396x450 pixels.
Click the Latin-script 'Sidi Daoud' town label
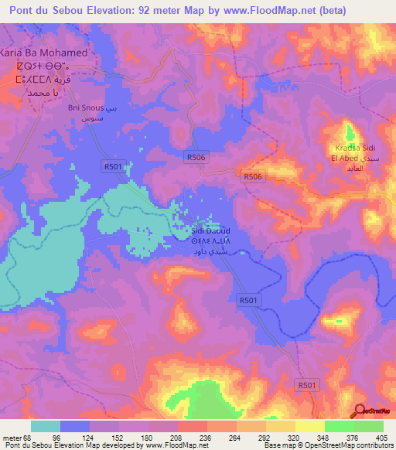point(210,231)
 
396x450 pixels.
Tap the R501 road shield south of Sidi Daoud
point(248,299)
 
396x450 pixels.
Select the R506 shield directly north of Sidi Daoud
point(196,157)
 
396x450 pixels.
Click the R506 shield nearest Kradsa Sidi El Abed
point(253,177)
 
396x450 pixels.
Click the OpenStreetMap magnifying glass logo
point(360,411)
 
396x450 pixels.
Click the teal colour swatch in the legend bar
point(46,426)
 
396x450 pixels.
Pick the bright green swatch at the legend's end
point(369,426)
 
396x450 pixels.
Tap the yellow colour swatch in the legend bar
point(310,426)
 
